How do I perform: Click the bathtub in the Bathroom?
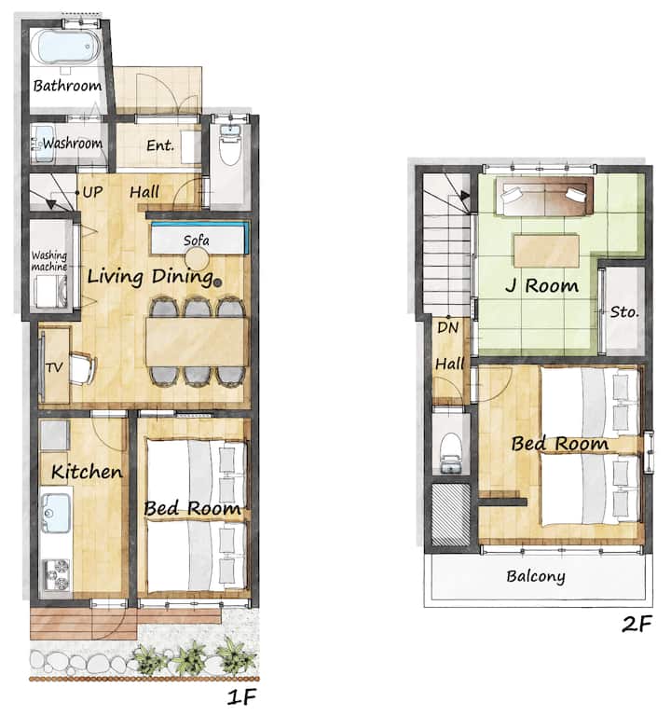pos(66,48)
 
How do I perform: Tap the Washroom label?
pos(73,144)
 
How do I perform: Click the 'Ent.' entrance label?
pos(160,145)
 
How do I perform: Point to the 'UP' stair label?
pos(92,192)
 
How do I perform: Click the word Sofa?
pos(197,241)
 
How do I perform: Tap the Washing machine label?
pos(49,261)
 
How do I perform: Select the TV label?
pos(54,367)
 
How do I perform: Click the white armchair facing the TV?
pos(83,368)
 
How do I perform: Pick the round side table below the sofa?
pos(197,260)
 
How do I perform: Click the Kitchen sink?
pos(56,514)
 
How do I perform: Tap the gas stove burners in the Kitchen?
pos(56,575)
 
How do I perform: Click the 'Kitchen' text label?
pos(87,472)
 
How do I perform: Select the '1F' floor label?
pos(241,696)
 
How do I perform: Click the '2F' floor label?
pos(637,624)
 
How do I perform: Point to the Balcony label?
pos(536,576)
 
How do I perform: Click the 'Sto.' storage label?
pos(624,312)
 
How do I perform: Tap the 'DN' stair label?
pos(447,327)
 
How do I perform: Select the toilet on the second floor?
pos(451,452)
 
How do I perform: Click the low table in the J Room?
pos(546,251)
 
